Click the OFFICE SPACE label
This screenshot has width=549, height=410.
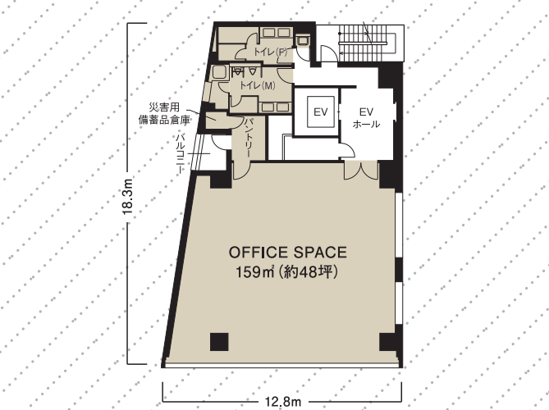(x=288, y=253)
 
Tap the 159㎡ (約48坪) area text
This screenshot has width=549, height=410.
(x=287, y=272)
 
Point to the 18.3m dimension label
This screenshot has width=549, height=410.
(x=128, y=196)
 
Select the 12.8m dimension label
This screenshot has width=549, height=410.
(x=283, y=402)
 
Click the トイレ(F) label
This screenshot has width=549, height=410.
(x=270, y=52)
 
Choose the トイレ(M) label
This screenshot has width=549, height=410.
(x=258, y=85)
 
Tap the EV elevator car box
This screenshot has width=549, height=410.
(x=320, y=112)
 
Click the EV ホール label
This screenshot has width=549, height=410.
(x=366, y=117)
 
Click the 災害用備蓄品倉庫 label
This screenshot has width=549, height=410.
(x=165, y=113)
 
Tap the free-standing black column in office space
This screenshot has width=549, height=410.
(x=219, y=342)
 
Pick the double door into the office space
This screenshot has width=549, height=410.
(x=360, y=171)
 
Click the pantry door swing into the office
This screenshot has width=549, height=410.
(x=241, y=171)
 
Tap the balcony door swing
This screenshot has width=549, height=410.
(x=220, y=143)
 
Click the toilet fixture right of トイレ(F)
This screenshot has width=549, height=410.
(x=302, y=40)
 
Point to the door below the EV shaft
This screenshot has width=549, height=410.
(x=347, y=150)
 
